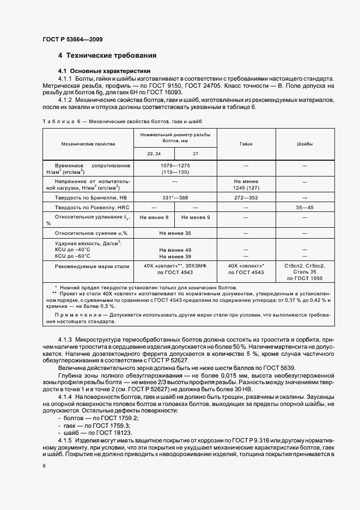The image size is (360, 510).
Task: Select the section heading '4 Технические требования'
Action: click(107, 56)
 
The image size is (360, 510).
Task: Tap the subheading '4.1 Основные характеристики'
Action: click(104, 71)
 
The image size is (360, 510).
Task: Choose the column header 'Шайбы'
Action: click(304, 144)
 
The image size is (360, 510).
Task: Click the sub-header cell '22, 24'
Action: click(154, 154)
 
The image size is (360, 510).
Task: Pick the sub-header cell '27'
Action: click(195, 154)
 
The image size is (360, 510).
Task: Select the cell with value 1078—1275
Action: click(175, 165)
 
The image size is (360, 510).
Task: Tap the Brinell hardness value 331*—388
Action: click(175, 198)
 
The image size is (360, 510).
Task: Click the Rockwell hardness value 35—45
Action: click(304, 208)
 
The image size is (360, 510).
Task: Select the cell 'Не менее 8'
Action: click(154, 217)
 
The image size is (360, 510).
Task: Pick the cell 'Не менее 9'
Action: click(195, 217)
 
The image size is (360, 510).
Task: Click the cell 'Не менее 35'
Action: click(175, 233)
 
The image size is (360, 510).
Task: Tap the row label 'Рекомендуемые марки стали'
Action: click(91, 266)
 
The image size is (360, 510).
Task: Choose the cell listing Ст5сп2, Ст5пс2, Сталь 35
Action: click(304, 272)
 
